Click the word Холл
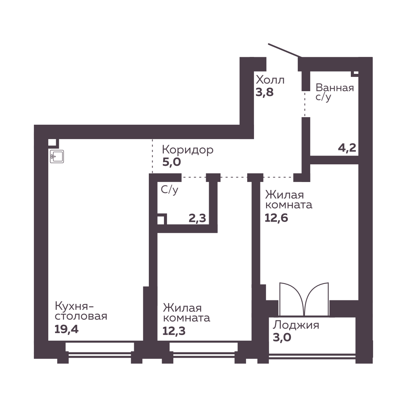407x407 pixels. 270,80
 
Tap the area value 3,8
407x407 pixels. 265,92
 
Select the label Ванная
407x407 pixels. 335,88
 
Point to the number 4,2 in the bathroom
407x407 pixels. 347,148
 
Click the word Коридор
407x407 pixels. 188,150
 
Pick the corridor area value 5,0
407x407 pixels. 171,162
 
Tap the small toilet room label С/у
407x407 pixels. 170,190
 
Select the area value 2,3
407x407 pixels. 197,218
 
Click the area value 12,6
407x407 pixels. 276,218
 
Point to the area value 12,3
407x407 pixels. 174,331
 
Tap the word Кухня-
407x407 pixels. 74,306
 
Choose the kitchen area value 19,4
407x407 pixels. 66,329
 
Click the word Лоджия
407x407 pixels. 296,325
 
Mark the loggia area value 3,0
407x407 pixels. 282,337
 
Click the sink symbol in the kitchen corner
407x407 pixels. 57,157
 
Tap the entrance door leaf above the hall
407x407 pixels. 285,50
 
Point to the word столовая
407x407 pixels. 81,317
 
